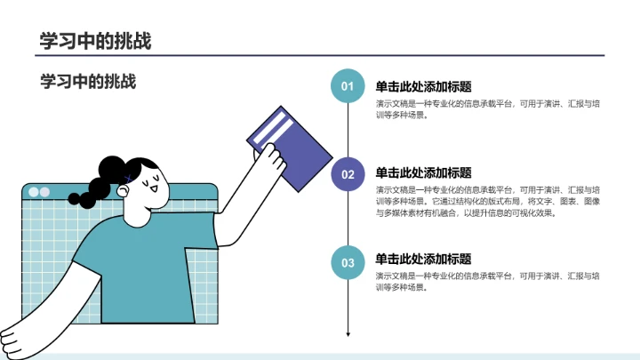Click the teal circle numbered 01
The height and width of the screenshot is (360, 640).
(x=348, y=86)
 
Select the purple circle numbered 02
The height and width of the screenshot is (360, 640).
(x=348, y=174)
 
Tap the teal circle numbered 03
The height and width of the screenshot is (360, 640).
(x=348, y=262)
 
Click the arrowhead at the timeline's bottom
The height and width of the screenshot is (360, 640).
(x=348, y=334)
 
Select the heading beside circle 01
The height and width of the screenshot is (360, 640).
(x=423, y=86)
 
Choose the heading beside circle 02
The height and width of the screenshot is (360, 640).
(x=423, y=172)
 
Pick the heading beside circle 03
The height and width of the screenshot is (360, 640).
(x=423, y=260)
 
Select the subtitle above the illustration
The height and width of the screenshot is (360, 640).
(x=88, y=82)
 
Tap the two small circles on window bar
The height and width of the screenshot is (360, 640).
(x=39, y=192)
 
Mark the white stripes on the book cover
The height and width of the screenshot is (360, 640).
(x=270, y=126)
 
